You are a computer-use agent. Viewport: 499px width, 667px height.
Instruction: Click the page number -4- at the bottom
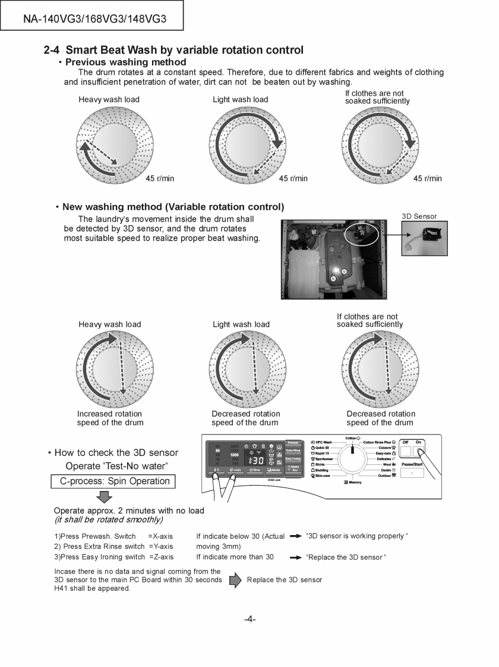[249, 619]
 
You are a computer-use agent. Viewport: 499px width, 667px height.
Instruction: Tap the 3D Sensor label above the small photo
[419, 216]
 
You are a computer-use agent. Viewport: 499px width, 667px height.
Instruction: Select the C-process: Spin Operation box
[115, 481]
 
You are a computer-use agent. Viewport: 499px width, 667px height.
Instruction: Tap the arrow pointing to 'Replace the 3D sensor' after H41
[235, 580]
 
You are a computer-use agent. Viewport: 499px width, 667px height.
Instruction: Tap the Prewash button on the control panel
[293, 443]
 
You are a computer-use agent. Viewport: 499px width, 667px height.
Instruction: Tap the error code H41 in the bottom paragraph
[62, 589]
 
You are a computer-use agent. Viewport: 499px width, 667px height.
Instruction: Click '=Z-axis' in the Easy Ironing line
[161, 557]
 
